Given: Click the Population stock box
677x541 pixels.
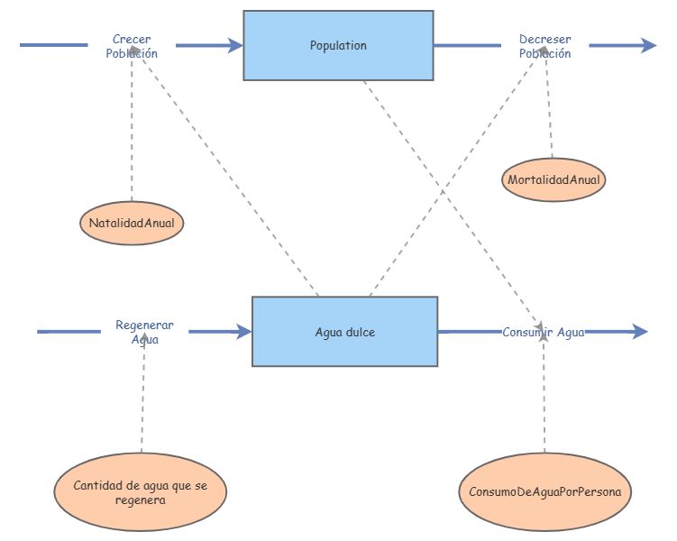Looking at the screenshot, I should tap(338, 45).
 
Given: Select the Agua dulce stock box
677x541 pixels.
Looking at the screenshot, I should tap(344, 331).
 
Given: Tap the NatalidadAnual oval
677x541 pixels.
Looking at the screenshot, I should tap(132, 223).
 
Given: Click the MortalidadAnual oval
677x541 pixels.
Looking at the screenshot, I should tap(553, 179).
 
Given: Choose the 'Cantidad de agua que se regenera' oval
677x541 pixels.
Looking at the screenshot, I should tap(141, 492).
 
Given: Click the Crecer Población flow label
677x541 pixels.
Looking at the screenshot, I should tap(132, 46).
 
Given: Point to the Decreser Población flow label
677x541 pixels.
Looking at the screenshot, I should tap(544, 46).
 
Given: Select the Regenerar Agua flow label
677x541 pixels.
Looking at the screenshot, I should tap(144, 332).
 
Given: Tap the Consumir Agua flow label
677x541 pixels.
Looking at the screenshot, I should tap(544, 332).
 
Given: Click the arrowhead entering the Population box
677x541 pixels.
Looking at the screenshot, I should tap(236, 45).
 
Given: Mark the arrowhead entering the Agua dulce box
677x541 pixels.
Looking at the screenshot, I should tap(244, 332).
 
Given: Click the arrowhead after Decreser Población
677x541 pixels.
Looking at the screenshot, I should tap(649, 45).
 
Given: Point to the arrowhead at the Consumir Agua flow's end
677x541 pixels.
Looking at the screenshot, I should tap(639, 332).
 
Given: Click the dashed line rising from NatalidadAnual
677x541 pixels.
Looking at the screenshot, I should tap(132, 135).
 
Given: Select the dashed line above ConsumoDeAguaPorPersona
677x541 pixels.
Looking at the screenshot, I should tap(544, 397).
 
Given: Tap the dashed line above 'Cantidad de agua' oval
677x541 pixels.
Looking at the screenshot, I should tap(142, 397).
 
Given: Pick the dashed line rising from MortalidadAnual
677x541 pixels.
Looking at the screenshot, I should tap(549, 108).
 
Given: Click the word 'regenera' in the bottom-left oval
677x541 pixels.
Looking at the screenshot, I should tap(141, 500).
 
